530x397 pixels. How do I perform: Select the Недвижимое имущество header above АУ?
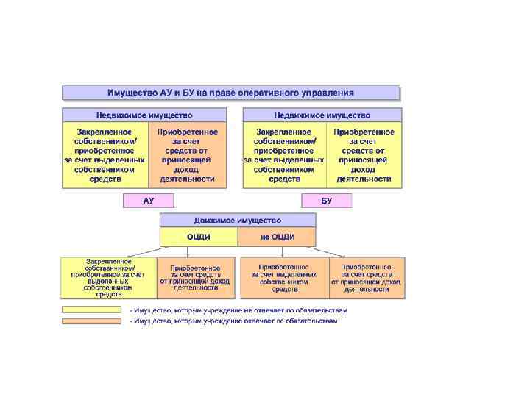click(x=144, y=115)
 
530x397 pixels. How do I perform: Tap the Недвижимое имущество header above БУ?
click(x=322, y=115)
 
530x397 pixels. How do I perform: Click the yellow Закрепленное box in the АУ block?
click(x=105, y=154)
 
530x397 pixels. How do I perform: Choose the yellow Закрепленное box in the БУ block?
click(x=283, y=154)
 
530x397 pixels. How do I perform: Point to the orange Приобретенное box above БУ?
click(x=364, y=154)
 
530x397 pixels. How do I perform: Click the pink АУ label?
click(x=148, y=201)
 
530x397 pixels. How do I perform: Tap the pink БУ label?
click(x=327, y=201)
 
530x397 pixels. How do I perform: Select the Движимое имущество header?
click(x=238, y=220)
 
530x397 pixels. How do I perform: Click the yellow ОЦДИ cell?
click(x=199, y=237)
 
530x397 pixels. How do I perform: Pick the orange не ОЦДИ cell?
click(x=278, y=237)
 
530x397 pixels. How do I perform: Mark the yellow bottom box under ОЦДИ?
click(x=109, y=278)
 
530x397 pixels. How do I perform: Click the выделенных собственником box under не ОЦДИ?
click(x=283, y=278)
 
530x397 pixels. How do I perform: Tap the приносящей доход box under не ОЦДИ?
click(x=367, y=278)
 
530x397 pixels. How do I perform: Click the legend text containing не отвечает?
click(x=239, y=310)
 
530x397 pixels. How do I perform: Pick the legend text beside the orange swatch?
click(x=234, y=321)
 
